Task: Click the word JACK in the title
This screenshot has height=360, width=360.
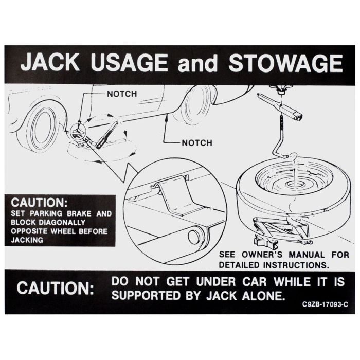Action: pyautogui.click(x=50, y=62)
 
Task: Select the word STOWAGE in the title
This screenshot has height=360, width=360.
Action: pyautogui.click(x=285, y=63)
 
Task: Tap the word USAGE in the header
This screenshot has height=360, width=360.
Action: pyautogui.click(x=129, y=62)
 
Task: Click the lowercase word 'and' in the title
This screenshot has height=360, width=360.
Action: pyautogui.click(x=197, y=64)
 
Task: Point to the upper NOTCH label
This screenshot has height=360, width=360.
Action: pyautogui.click(x=122, y=94)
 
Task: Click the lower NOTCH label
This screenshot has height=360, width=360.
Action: pyautogui.click(x=197, y=143)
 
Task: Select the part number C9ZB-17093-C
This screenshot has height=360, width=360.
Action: pyautogui.click(x=325, y=304)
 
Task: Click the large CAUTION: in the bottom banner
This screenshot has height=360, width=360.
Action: pyautogui.click(x=56, y=288)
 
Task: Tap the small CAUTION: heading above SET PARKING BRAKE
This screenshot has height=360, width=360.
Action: pyautogui.click(x=39, y=203)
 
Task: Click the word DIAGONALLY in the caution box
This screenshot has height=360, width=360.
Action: pyautogui.click(x=62, y=222)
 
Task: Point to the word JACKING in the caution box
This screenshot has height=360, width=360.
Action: pyautogui.click(x=27, y=240)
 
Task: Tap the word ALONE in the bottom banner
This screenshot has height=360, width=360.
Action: pyautogui.click(x=263, y=296)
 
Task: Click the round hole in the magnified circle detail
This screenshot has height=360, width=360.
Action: pyautogui.click(x=194, y=237)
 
